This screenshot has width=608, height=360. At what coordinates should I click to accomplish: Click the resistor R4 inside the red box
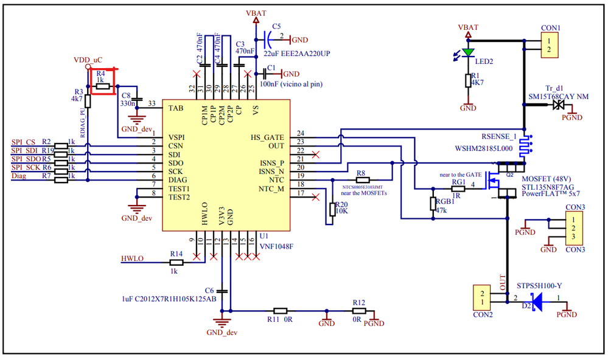coord(102,86)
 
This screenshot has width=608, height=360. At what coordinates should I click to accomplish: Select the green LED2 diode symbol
coord(467,52)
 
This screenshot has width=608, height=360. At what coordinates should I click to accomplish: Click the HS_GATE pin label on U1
coord(267,137)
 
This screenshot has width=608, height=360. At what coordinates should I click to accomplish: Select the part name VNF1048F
coord(275,247)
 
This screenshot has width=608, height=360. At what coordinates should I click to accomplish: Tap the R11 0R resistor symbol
coord(281,310)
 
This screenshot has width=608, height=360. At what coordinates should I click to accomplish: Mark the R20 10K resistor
coord(332,209)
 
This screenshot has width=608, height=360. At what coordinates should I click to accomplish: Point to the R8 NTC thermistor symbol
coord(361,181)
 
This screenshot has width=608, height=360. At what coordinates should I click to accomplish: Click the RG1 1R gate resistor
coord(458,189)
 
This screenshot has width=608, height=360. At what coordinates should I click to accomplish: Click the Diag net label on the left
coord(19,176)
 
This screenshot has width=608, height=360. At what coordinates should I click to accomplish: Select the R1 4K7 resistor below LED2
coord(467,80)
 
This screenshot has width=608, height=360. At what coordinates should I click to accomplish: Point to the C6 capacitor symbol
coord(223,291)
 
